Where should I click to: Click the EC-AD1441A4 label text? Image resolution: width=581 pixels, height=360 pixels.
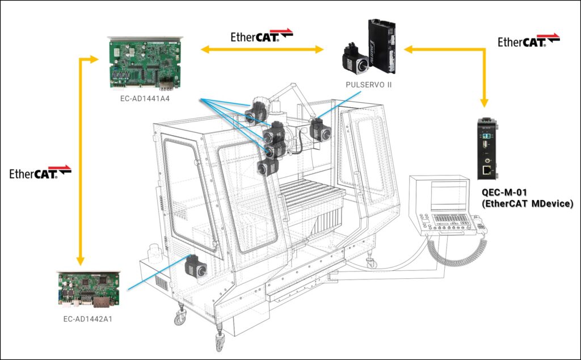click(x=145, y=99)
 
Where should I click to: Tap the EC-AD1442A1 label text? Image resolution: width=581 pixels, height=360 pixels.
click(x=88, y=319)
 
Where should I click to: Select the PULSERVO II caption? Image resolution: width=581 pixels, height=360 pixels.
click(x=369, y=85)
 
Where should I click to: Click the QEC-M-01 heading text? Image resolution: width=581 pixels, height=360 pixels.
click(x=504, y=192)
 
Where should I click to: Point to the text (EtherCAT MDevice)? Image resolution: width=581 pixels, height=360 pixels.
click(x=528, y=203)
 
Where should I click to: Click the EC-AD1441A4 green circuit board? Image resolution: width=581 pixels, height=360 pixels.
click(x=145, y=63)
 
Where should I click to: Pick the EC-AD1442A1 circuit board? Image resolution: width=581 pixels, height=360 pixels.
click(x=88, y=290)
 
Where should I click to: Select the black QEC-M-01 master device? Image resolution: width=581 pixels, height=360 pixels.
click(x=488, y=149)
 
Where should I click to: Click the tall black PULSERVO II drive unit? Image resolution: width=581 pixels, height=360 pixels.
click(x=382, y=46)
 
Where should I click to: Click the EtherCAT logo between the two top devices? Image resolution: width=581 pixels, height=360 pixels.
click(x=262, y=36)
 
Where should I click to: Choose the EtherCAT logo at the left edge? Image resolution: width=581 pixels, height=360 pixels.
click(x=40, y=173)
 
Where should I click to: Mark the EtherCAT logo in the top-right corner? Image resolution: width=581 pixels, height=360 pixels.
click(x=529, y=40)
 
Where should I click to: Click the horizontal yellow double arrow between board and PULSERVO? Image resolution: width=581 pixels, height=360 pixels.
click(x=262, y=49)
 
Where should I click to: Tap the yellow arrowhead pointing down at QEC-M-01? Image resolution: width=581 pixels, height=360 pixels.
click(x=484, y=103)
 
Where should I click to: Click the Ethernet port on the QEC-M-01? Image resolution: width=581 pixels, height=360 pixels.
click(x=487, y=170)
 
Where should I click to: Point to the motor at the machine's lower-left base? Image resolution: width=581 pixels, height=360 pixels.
click(x=195, y=266)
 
